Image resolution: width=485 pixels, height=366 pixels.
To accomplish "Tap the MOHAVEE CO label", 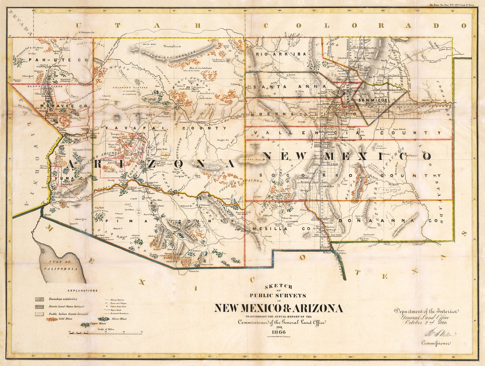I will tap(64, 106).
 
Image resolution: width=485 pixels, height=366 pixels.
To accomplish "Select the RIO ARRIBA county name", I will tap(281, 54).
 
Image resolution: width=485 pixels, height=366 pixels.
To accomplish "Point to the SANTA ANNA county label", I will tap(290, 86).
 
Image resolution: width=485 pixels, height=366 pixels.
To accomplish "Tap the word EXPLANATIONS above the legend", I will tap(83, 291).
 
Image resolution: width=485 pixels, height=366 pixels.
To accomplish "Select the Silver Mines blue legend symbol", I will tap(105, 319).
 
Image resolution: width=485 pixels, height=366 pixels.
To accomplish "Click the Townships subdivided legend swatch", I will tap(40, 299).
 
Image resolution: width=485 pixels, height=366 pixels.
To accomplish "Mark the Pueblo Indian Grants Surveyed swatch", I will tap(40, 314).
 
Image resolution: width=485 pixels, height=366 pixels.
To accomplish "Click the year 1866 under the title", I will tap(278, 332).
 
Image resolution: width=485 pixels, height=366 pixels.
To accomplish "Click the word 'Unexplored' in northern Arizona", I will tap(172, 46).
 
